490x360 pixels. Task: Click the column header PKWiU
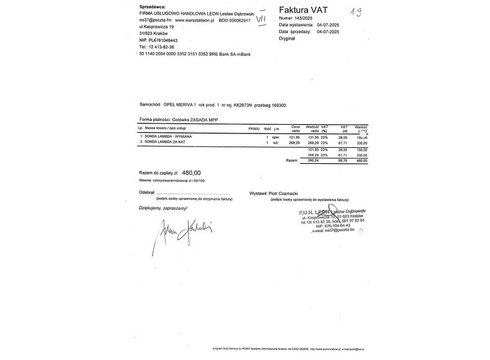click(x=253, y=128)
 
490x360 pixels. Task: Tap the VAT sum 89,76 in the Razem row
click(x=341, y=160)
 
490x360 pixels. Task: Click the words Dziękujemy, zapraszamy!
click(x=163, y=209)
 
